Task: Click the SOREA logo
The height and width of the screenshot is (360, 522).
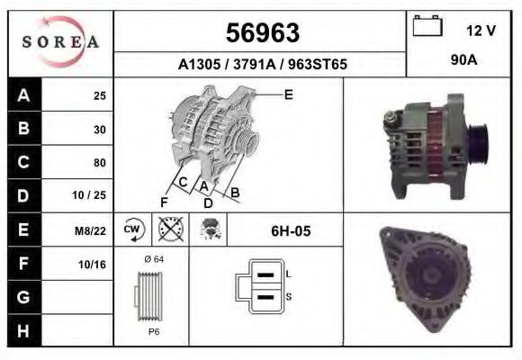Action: [x=59, y=42]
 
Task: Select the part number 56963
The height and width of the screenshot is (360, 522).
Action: [x=261, y=33]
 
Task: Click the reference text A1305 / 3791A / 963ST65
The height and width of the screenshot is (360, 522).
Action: [x=261, y=65]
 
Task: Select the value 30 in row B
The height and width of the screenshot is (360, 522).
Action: [x=99, y=130]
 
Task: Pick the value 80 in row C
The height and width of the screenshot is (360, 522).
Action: [x=99, y=163]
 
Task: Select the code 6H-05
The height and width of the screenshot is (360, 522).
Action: [x=291, y=231]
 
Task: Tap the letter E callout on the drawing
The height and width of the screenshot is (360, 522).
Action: [x=288, y=94]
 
